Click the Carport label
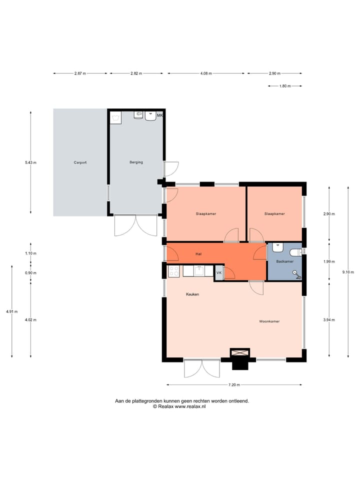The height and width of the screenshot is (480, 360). pyautogui.click(x=80, y=162)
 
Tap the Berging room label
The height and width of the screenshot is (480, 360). pyautogui.click(x=136, y=162)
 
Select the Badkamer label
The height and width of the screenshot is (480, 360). pyautogui.click(x=284, y=261)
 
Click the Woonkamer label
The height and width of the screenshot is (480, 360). pyautogui.click(x=269, y=321)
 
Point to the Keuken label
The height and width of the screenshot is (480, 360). pyautogui.click(x=192, y=294)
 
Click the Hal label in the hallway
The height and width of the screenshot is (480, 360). pyautogui.click(x=198, y=254)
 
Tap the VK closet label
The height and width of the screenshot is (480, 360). pyautogui.click(x=219, y=273)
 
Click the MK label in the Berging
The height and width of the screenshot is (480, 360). pyautogui.click(x=160, y=115)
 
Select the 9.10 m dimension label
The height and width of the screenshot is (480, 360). pyautogui.click(x=348, y=272)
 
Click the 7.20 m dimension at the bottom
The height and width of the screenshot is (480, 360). pyautogui.click(x=234, y=385)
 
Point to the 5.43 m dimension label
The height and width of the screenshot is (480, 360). pyautogui.click(x=30, y=162)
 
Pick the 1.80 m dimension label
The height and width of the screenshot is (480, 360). pyautogui.click(x=285, y=86)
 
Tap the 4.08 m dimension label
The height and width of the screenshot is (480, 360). pyautogui.click(x=206, y=73)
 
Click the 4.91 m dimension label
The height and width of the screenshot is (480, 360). pyautogui.click(x=12, y=311)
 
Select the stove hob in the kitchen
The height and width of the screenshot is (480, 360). pyautogui.click(x=174, y=271)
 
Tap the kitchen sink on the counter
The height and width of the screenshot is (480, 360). pyautogui.click(x=199, y=270)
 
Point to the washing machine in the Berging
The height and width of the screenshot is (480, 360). pyautogui.click(x=116, y=117)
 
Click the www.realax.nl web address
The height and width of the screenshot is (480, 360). pyautogui.click(x=190, y=406)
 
